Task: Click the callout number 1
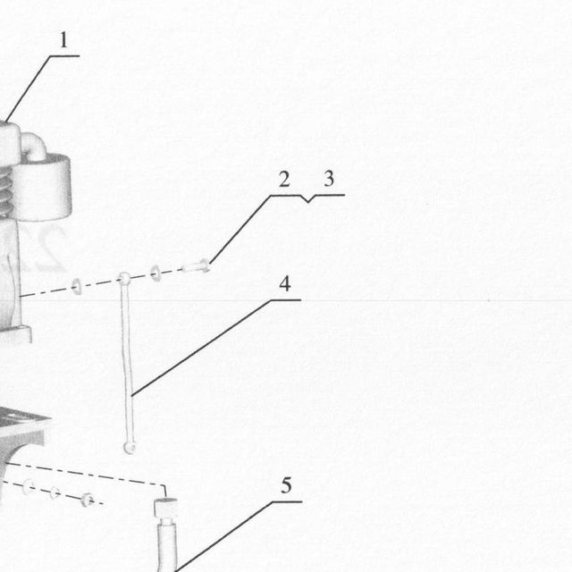pyautogui.click(x=63, y=39)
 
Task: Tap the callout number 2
pyautogui.click(x=284, y=179)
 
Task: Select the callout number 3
pyautogui.click(x=329, y=179)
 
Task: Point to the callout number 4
pyautogui.click(x=285, y=284)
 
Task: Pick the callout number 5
pyautogui.click(x=286, y=485)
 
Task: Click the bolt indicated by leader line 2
pyautogui.click(x=196, y=266)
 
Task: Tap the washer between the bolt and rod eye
pyautogui.click(x=156, y=273)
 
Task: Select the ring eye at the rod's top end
pyautogui.click(x=124, y=278)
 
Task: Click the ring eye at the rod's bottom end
pyautogui.click(x=130, y=447)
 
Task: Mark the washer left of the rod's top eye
pyautogui.click(x=77, y=287)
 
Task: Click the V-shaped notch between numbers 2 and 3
pyautogui.click(x=308, y=199)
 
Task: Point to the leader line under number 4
pyautogui.click(x=216, y=348)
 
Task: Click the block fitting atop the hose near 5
pyautogui.click(x=165, y=508)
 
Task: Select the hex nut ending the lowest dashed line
pyautogui.click(x=88, y=500)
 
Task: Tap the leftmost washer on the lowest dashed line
pyautogui.click(x=29, y=487)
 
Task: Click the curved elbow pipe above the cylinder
pyautogui.click(x=35, y=146)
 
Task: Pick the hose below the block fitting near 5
pyautogui.click(x=168, y=544)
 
